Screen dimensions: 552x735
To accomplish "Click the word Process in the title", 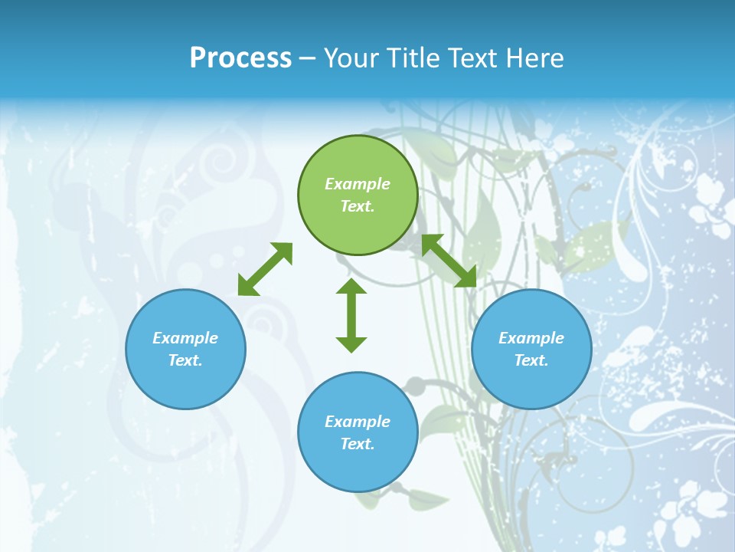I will (240, 58).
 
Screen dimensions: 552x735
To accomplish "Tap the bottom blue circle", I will (358, 468).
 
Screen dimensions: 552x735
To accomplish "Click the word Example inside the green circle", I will (358, 184).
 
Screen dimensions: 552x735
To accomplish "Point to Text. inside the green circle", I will (358, 206).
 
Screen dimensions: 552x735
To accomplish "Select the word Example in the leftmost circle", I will (185, 338).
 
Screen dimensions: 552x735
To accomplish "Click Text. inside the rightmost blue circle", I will (531, 360).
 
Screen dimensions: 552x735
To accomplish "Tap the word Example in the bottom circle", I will (358, 422).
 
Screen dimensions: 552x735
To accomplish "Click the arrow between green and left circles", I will (265, 269).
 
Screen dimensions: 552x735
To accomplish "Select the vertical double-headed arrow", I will (351, 315).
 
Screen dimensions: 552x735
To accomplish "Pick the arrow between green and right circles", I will (449, 261).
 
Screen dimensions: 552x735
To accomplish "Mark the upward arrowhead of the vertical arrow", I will (351, 286).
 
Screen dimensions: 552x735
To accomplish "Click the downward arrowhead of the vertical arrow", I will (351, 344).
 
